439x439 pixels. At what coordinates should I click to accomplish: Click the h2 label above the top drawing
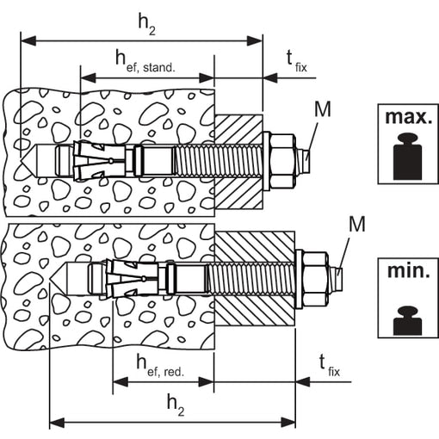pos(146,25)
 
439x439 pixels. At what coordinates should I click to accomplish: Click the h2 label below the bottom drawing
pos(176,405)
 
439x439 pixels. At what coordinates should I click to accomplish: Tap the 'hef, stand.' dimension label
pos(145,61)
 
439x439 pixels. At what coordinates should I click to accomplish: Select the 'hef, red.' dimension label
pos(160,366)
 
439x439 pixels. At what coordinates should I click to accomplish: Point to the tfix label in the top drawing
pos(297,61)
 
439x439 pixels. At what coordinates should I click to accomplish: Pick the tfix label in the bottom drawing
pos(330,365)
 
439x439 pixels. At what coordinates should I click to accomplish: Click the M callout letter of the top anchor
pos(323,109)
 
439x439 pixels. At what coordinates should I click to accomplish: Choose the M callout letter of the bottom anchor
pos(357,224)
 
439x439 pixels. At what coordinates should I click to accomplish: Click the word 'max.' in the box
pos(408,117)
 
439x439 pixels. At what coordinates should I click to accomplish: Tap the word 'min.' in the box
pos(409,270)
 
